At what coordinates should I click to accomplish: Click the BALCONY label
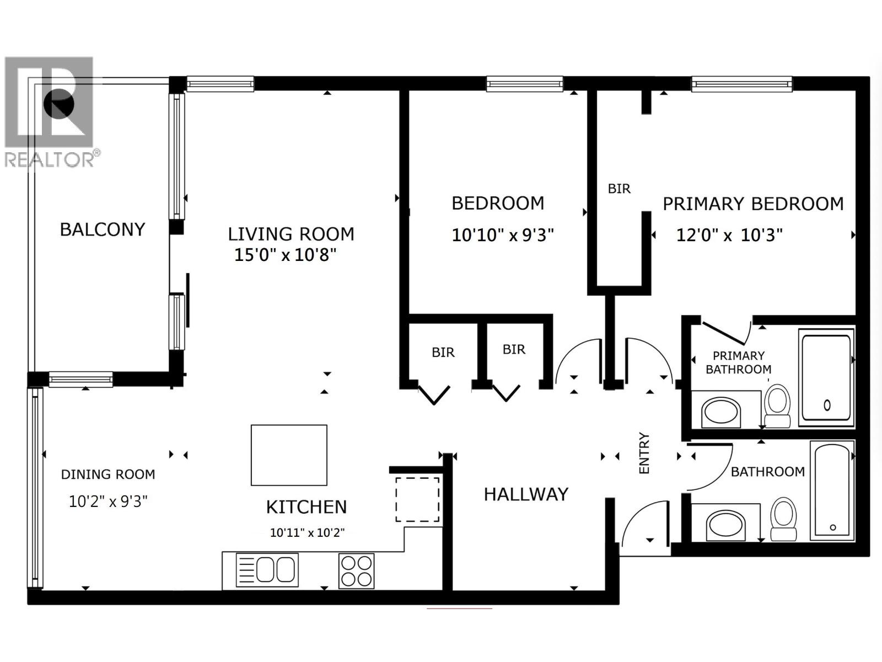point(102,229)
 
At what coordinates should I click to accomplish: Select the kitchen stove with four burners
point(356,570)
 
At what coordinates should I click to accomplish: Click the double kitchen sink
point(267,569)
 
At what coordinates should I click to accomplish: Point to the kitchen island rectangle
point(289,455)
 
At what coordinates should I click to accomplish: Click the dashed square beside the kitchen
point(417,500)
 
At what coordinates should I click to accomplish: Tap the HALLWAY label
point(526,494)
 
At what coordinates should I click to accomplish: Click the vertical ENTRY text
point(644,453)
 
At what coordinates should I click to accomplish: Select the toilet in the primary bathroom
point(777,405)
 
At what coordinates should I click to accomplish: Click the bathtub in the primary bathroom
point(826,378)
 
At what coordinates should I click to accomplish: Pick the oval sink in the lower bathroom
point(725,524)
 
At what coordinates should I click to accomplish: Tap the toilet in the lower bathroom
point(783,519)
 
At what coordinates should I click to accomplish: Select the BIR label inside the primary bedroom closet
point(619,189)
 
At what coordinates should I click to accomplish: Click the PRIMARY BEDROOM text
point(753,204)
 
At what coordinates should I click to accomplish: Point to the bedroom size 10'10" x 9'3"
point(502,236)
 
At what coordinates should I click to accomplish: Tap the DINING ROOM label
point(108,474)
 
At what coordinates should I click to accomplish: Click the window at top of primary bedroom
point(742,84)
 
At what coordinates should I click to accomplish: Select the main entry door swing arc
point(639,524)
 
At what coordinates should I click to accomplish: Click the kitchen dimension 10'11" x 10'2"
point(307,533)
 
